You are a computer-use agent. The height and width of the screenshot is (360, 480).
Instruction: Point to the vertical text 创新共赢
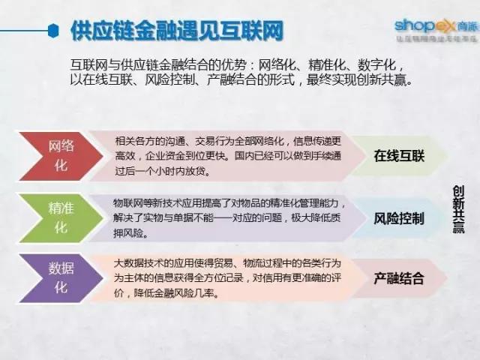(457, 211)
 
